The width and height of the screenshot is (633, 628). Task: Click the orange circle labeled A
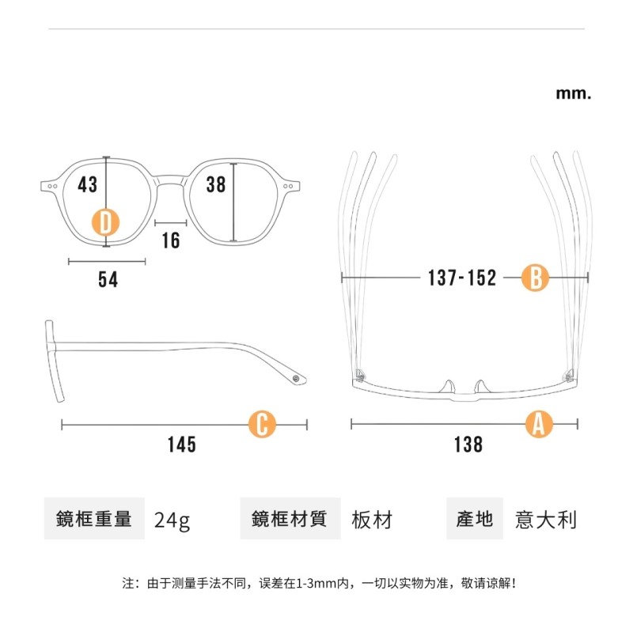click(539, 425)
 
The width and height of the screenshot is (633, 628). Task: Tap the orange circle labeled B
click(535, 278)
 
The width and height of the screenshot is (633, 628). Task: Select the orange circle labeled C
click(263, 425)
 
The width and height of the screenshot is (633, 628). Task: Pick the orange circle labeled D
click(107, 222)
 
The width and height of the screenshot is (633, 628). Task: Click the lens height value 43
click(88, 184)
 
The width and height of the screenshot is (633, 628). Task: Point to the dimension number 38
click(216, 184)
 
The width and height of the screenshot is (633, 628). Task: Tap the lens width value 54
click(108, 279)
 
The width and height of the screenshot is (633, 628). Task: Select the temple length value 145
click(181, 445)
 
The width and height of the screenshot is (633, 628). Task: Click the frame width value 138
click(468, 445)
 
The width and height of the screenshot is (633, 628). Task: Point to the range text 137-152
click(462, 278)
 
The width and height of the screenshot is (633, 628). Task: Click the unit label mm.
click(574, 93)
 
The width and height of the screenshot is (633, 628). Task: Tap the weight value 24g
click(172, 520)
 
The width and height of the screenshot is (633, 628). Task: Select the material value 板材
click(372, 520)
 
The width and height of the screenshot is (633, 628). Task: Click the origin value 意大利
click(546, 520)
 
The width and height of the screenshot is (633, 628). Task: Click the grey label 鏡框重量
click(94, 519)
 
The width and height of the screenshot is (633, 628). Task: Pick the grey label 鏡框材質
click(290, 519)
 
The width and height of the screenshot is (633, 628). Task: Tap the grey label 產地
click(475, 519)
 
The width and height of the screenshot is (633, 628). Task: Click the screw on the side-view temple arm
click(297, 379)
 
